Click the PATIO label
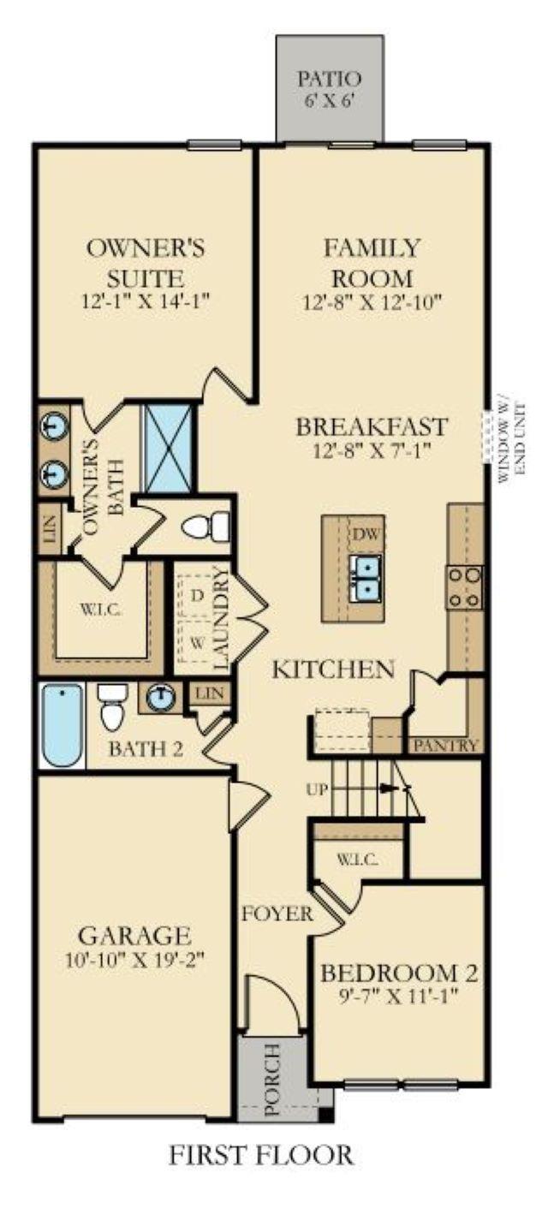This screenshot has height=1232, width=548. click(329, 79)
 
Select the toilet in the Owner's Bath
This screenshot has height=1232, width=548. click(205, 527)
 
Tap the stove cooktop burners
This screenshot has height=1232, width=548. click(465, 587)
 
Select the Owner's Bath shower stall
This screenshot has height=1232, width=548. click(167, 449)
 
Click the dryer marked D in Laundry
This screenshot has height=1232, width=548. click(196, 595)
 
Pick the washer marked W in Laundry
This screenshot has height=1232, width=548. click(196, 641)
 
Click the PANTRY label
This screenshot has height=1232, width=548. click(445, 746)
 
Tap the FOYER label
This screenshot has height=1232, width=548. click(277, 914)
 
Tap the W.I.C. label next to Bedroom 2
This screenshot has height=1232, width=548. click(358, 860)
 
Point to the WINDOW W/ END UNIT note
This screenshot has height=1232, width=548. click(513, 443)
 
